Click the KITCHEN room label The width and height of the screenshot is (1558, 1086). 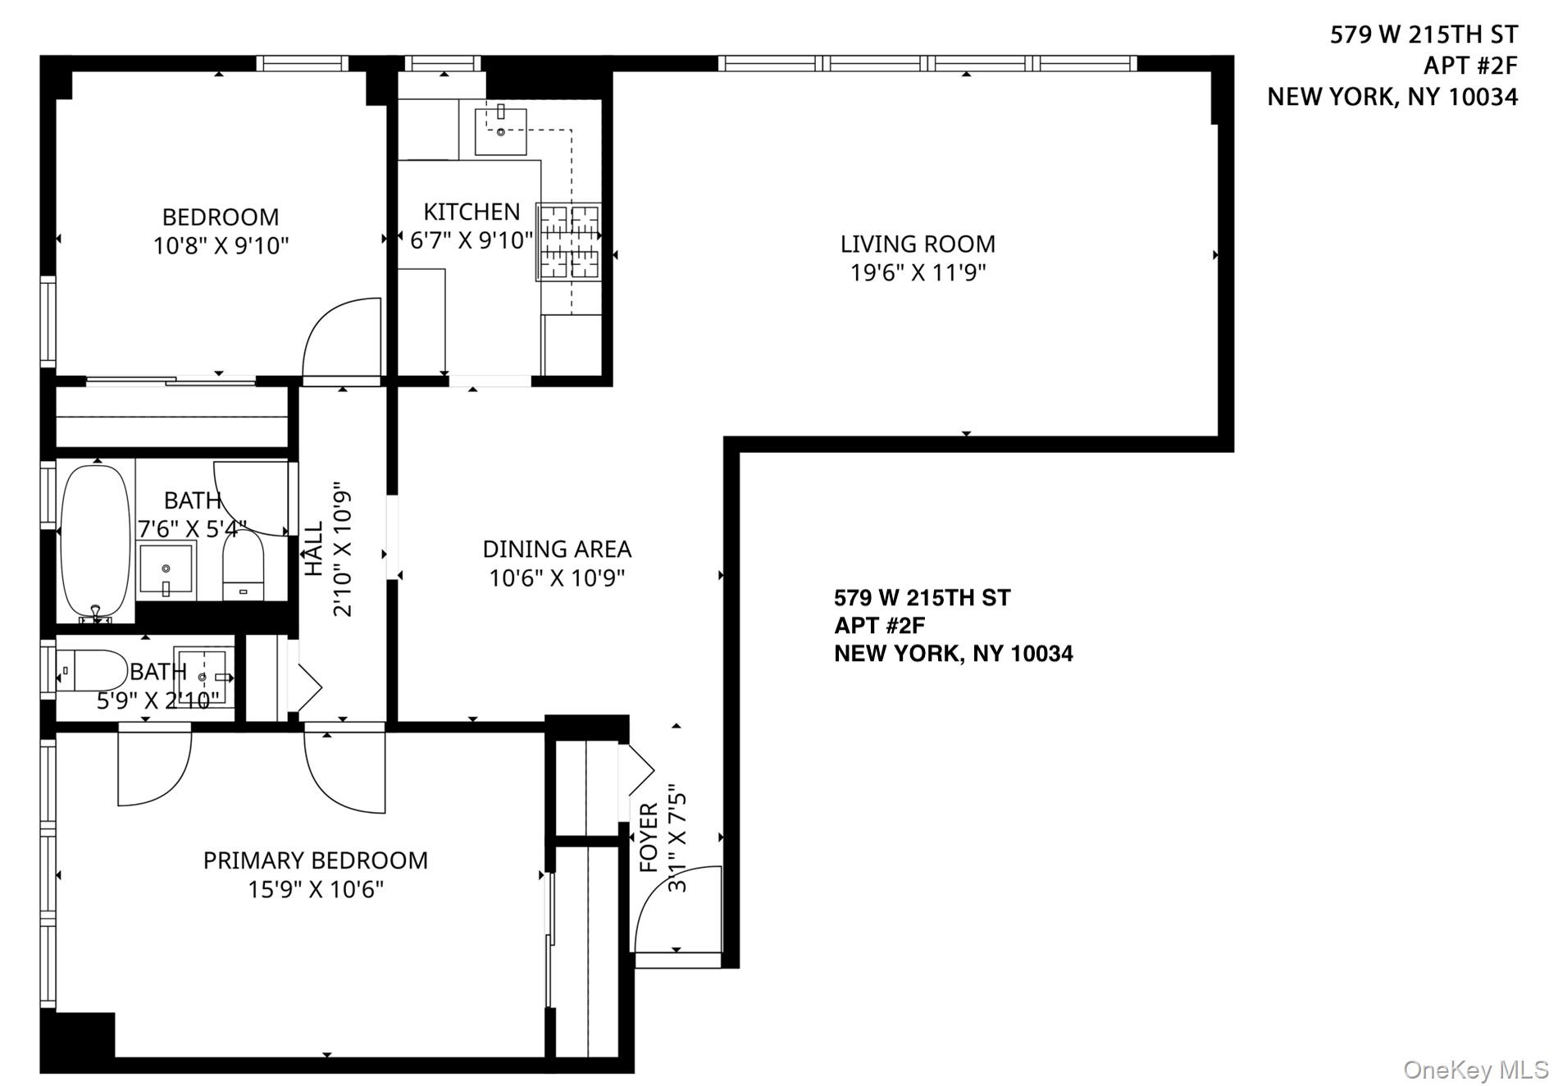pos(471,212)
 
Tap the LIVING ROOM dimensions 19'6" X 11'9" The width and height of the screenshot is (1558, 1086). pos(918,272)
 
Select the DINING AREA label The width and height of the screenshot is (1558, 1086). pos(557,549)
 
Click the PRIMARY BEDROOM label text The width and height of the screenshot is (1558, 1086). pos(316,860)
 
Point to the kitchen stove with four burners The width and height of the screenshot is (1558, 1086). pos(568,242)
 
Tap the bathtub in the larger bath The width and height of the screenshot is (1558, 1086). pos(96,541)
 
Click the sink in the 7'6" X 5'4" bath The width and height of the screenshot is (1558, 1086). pos(166,568)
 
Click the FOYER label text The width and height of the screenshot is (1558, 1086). pos(649,837)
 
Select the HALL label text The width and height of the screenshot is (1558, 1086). pos(315,549)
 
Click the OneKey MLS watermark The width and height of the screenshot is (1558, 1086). pos(1475,1069)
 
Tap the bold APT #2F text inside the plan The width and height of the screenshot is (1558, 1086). pos(879,626)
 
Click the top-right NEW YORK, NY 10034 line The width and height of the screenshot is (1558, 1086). pos(1392,97)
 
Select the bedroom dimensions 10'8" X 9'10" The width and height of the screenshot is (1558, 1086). pos(221,245)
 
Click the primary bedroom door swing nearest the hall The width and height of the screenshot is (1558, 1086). pos(344,771)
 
